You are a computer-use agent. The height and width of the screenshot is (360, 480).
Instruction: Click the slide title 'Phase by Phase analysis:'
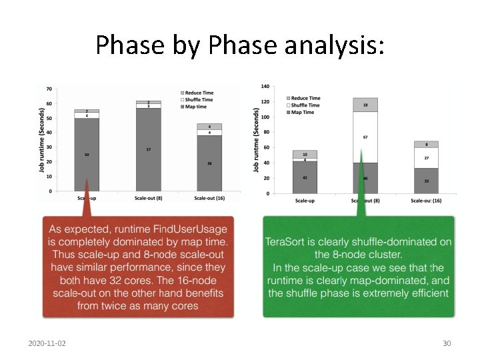(240, 45)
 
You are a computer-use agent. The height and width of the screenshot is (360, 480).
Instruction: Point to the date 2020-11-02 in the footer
(51, 343)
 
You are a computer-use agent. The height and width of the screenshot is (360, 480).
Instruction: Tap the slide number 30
(447, 343)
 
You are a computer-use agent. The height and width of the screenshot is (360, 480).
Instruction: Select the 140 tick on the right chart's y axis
(265, 87)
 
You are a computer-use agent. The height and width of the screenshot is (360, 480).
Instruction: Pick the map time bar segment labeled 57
(148, 149)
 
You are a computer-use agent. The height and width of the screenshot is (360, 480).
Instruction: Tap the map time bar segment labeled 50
(87, 155)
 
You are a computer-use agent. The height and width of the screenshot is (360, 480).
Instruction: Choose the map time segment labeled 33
(426, 181)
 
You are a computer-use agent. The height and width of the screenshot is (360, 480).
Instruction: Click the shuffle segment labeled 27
(426, 158)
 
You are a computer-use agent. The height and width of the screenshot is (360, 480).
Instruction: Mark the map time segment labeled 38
(209, 163)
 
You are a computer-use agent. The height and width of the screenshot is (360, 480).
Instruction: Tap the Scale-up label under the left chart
(87, 198)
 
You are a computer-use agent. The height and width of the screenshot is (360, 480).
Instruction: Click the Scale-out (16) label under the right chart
(426, 200)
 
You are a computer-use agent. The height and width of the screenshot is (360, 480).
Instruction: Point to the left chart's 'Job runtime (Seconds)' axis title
(42, 141)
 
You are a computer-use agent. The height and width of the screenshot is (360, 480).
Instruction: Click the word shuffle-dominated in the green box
(386, 243)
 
